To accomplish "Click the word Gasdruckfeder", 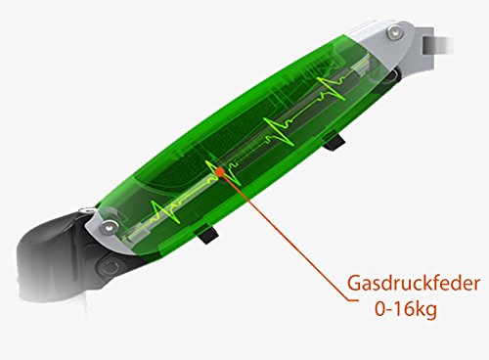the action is [414, 284].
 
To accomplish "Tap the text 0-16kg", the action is [406, 309].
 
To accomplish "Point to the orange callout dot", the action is [220, 171].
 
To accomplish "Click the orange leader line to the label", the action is [287, 236].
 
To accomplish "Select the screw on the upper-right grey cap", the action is [394, 32].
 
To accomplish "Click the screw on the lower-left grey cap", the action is [109, 226].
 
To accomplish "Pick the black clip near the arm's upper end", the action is [333, 142].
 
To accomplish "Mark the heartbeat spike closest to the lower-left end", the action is [164, 212].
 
